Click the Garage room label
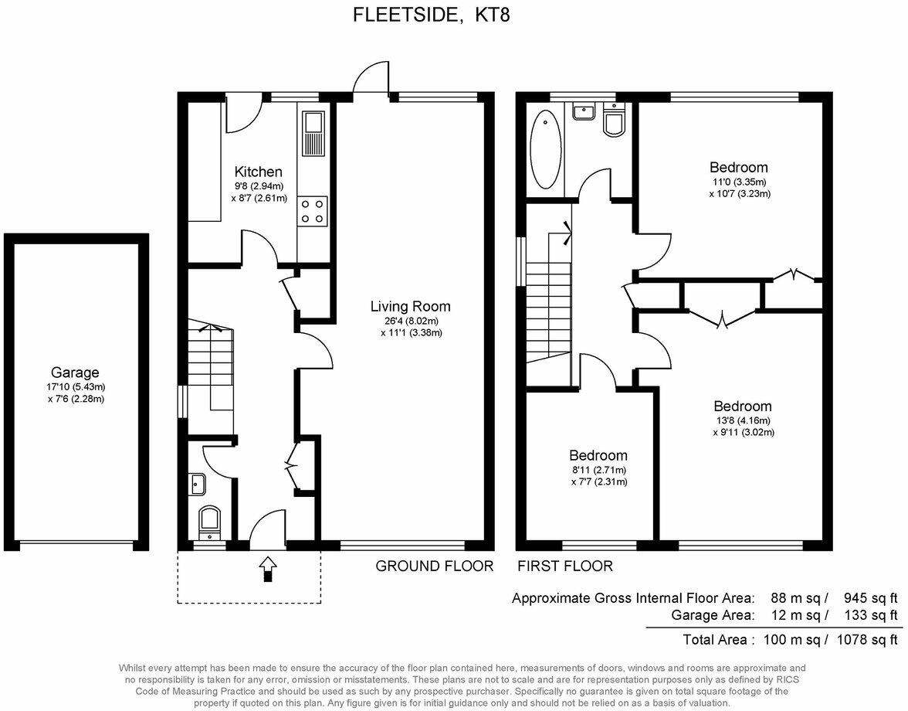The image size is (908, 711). point(75,372)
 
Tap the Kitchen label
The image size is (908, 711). point(259,172)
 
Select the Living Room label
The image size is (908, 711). point(410,307)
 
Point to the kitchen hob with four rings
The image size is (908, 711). point(313,211)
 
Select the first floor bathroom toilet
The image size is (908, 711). point(615,121)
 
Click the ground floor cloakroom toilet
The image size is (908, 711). point(209,522)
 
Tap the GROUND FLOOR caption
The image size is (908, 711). point(434,566)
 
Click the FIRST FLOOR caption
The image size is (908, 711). point(565,566)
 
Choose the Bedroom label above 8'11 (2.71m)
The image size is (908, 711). point(598,455)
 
